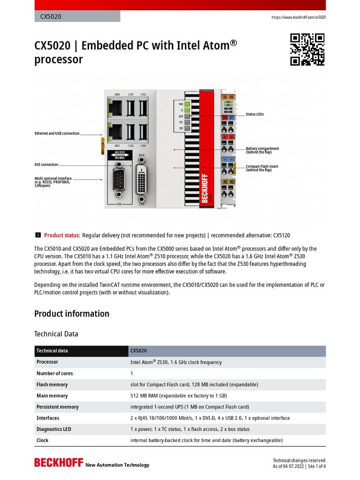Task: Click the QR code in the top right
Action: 307,49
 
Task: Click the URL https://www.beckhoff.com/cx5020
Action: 299,17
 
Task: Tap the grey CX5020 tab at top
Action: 77,16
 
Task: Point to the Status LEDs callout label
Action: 255,114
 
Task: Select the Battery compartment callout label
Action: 262,150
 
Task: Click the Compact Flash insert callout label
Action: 262,168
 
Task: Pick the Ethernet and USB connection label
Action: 57,134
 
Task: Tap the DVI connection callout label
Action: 46,165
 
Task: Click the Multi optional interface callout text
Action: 53,182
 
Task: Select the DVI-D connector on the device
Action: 142,180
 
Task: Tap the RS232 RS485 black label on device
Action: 120,155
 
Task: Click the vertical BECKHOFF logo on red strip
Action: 205,188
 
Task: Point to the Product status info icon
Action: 37,235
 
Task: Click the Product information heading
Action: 72,314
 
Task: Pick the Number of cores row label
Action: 55,373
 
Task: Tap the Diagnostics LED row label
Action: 54,429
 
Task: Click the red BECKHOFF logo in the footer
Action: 58,463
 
